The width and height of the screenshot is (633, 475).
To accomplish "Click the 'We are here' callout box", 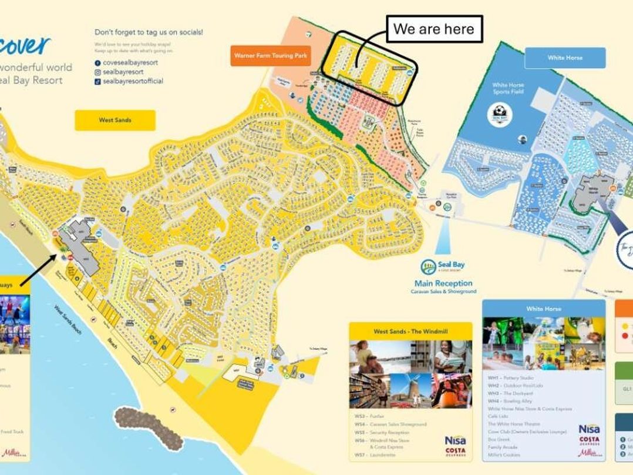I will point(433,29).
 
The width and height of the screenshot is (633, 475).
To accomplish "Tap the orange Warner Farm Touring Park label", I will point(270,56).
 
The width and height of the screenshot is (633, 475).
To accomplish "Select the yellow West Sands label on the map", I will point(115,120).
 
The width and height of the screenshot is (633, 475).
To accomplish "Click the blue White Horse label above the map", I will point(565,58).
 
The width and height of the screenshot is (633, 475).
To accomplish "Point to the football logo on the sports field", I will point(500,113).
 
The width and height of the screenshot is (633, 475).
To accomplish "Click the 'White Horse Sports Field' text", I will point(508,88).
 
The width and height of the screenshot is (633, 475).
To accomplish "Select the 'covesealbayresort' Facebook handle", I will point(130,62).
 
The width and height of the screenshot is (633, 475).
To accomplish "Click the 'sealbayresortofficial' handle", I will point(133,81).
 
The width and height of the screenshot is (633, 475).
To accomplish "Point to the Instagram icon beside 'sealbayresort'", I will point(97,72).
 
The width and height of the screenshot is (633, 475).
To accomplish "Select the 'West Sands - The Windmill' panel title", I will point(410,331).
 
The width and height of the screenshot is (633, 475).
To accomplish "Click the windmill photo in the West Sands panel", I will point(410,390).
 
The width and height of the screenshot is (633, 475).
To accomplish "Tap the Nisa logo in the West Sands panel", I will point(455,440).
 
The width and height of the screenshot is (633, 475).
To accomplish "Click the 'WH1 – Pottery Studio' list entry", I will point(510,377).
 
